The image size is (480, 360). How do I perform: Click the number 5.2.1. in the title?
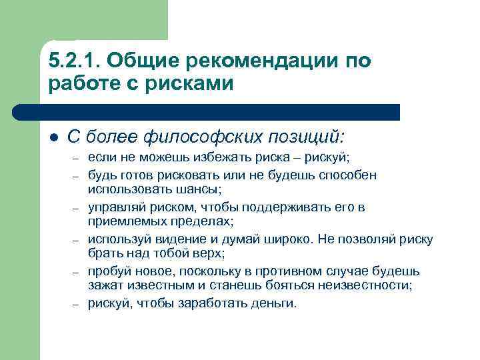[x=75, y=61]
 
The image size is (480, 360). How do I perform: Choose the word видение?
[x=193, y=239]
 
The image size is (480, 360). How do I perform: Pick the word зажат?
[x=104, y=286]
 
